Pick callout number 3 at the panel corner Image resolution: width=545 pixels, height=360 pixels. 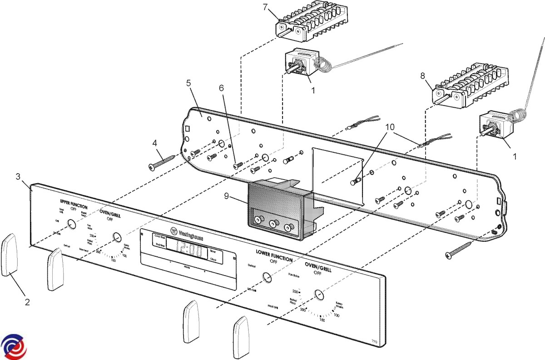(x=18, y=176)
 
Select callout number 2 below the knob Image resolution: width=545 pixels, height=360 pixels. (x=27, y=302)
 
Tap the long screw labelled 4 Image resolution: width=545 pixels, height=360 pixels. (x=163, y=162)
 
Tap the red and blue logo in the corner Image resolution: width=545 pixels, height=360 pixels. (x=14, y=347)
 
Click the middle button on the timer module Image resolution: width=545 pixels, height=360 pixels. (x=273, y=224)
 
